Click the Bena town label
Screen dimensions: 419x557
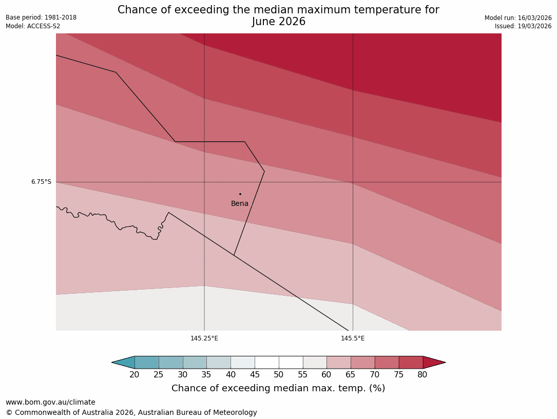pos(240,204)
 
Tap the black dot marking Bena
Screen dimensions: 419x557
pos(240,194)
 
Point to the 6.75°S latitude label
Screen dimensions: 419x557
pos(41,182)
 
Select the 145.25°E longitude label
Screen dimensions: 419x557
pos(204,338)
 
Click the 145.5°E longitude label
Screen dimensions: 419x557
pos(353,338)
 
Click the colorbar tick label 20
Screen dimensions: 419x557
pos(135,375)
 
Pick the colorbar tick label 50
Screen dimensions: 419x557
pos(279,375)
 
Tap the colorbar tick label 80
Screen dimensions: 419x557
pos(422,375)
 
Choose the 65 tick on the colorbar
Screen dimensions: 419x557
pos(351,375)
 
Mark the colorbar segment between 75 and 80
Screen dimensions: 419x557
pos(411,363)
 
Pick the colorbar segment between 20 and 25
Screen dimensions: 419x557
pos(147,363)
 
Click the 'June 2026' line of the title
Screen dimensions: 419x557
pos(279,22)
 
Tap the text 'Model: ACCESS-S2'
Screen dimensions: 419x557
pos(33,26)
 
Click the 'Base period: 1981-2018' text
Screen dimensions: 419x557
pos(41,17)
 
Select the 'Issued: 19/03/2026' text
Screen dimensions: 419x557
pos(523,26)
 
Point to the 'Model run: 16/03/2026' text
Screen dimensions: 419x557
pos(518,18)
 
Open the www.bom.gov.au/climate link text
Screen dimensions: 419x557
pos(50,402)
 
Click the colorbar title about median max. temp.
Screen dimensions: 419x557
pos(278,389)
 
